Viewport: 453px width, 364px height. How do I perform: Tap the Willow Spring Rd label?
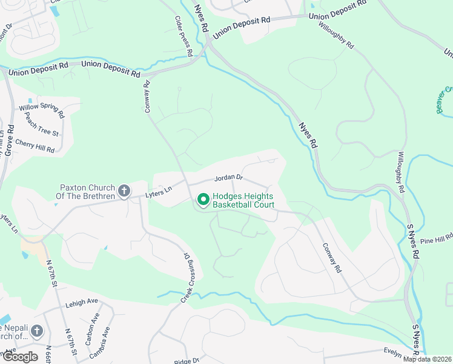42,110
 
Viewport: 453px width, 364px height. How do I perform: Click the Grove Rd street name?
9,141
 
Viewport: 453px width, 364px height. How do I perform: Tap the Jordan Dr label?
228,178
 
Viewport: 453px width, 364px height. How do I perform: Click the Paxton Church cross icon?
124,192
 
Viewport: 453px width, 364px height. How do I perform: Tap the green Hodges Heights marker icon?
202,199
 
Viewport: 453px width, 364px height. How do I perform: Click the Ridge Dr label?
183,360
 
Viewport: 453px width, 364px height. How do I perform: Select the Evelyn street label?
393,351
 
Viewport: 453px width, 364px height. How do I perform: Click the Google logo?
20,357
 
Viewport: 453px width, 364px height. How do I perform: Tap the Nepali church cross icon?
37,331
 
